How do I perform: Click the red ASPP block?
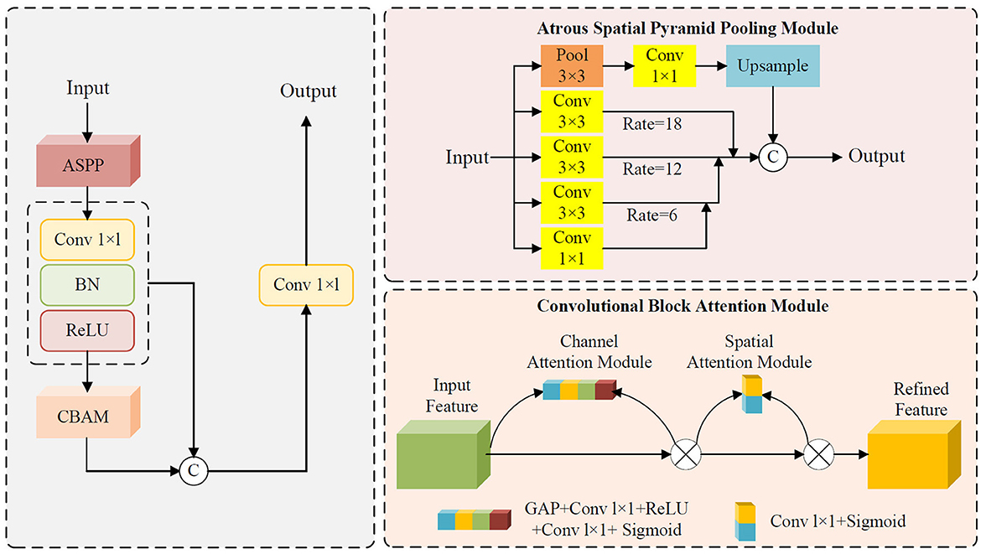coord(88,161)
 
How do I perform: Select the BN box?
coord(87,284)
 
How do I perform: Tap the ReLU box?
coord(87,330)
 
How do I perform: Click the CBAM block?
coord(88,412)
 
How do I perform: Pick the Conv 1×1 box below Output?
coord(307,285)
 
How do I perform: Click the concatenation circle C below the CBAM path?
coord(194,471)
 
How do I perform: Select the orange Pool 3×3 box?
coord(572,65)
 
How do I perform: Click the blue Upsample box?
coord(773,65)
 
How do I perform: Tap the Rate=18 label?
coord(652,124)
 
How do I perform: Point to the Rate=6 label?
coord(652,215)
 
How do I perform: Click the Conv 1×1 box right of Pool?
coord(664,65)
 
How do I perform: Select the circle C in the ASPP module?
coord(773,157)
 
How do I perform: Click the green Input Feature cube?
coord(444,454)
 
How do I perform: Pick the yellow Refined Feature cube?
coord(914,454)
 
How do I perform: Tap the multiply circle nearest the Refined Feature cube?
coord(818,454)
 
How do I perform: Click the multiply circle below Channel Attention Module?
coord(686,454)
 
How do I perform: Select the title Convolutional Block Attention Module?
coord(683,306)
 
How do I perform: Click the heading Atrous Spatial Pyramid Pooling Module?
coord(688,28)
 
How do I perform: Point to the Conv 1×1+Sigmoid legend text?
coord(838,520)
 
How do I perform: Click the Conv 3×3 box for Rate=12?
coord(572,157)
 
